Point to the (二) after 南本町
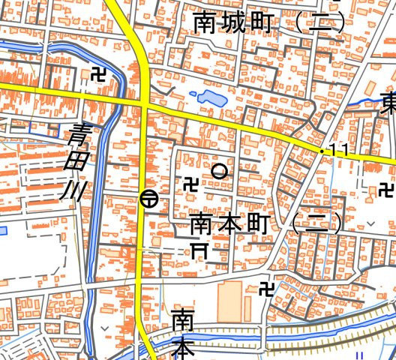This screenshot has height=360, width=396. [316, 222]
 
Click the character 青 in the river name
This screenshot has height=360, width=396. [79, 135]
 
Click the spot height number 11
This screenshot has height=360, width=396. [338, 151]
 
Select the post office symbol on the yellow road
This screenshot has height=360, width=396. [148, 199]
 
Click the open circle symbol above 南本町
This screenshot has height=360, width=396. [219, 171]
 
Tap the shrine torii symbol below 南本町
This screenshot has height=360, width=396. [199, 250]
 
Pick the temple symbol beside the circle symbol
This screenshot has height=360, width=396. [190, 182]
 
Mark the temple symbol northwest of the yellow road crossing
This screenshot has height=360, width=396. [97, 73]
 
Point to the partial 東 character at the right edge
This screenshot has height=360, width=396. [388, 101]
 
